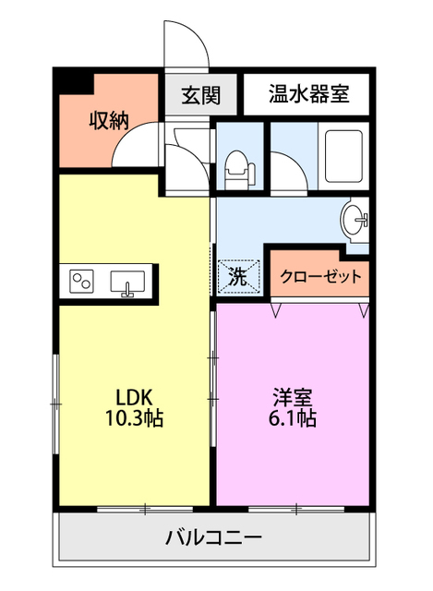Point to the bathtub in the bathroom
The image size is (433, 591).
(x=344, y=157)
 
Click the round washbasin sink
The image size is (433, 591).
(x=354, y=220)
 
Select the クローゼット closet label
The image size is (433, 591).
(x=320, y=276)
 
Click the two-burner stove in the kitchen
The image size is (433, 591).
(x=80, y=281)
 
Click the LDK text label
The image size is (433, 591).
(x=132, y=397)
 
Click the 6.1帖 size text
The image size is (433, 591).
(x=295, y=418)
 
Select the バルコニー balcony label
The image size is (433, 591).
(x=215, y=538)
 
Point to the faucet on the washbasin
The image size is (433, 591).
(x=363, y=220)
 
